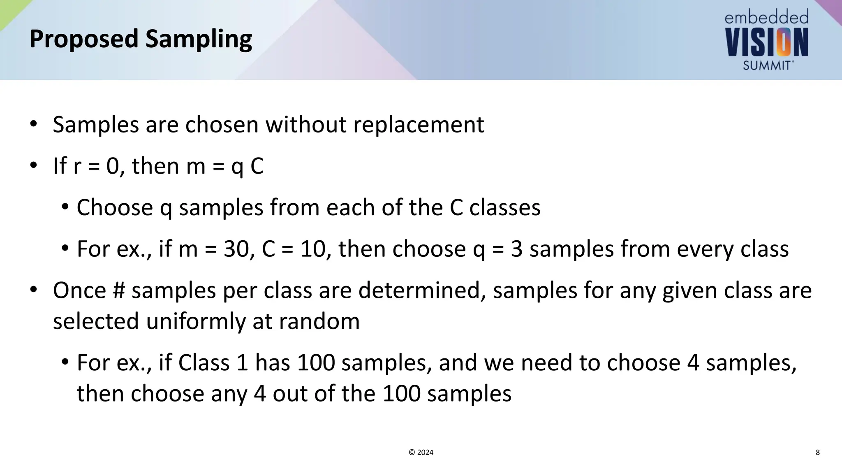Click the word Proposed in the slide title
(84, 39)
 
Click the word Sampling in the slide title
(199, 39)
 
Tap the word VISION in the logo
(767, 42)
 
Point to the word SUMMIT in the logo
(767, 65)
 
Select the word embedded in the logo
(766, 18)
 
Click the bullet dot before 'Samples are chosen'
(33, 124)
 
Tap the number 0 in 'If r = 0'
(113, 166)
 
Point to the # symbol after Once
(119, 290)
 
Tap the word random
(319, 321)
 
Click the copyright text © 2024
(421, 453)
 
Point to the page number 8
(818, 453)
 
